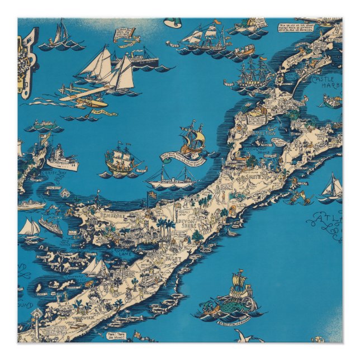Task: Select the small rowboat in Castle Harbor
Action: pos(332,102)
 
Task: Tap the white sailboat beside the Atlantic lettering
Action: pos(332,187)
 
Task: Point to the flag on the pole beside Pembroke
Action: pos(151,195)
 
